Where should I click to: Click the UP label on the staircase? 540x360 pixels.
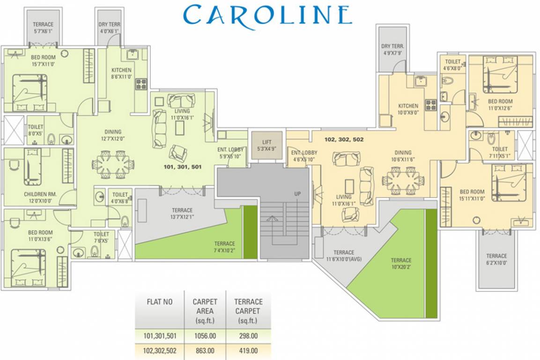click(296, 194)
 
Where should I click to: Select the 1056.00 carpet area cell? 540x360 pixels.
click(205, 336)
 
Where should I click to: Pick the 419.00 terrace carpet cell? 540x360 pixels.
click(248, 350)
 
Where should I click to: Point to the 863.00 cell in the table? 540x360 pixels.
click(205, 350)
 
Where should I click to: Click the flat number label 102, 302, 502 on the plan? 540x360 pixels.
click(344, 139)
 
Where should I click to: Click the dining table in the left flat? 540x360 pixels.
click(114, 165)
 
